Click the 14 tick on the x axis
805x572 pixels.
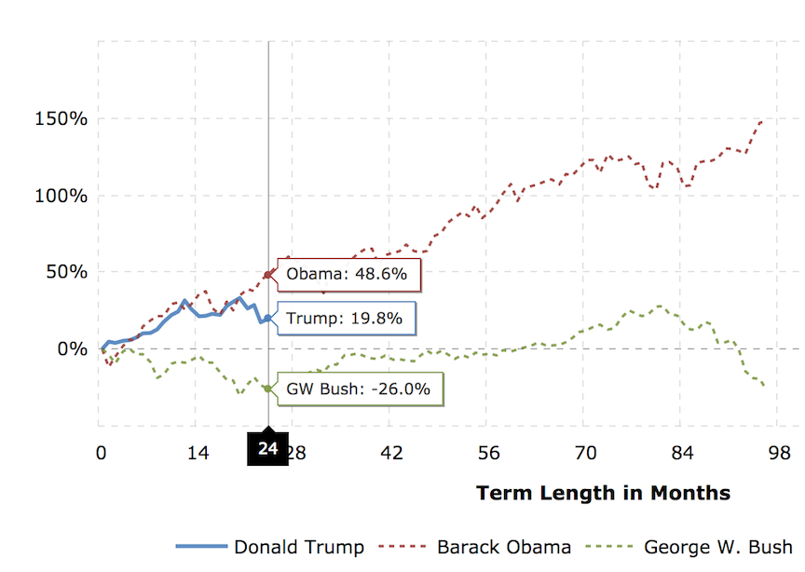pos(197,454)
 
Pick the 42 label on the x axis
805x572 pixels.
pos(390,454)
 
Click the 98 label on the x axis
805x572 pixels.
pos(778,454)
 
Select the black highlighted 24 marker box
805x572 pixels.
pos(268,449)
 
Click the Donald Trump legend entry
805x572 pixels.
pos(269,547)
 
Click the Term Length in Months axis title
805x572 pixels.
pos(603,493)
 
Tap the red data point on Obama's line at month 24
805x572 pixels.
pos(268,275)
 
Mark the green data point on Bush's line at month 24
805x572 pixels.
pos(268,388)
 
